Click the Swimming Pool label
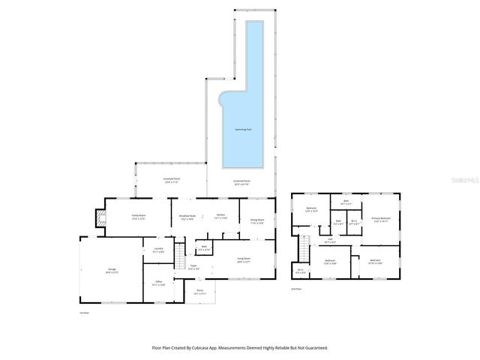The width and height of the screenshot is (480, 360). (242, 129)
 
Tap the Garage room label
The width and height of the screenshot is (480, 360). (111, 273)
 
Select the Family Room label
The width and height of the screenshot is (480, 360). (138, 216)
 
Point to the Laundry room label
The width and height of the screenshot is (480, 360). (158, 250)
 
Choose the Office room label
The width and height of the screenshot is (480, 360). (158, 283)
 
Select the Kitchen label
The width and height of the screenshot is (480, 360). (221, 216)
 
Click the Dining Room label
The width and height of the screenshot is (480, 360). (257, 220)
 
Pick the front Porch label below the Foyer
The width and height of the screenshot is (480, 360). (200, 291)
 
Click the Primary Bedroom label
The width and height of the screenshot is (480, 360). (381, 219)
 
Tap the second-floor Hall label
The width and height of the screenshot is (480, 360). (329, 240)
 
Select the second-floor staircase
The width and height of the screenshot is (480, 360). (304, 246)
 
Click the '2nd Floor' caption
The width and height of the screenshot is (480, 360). (296, 288)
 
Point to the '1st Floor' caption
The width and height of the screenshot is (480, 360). (84, 312)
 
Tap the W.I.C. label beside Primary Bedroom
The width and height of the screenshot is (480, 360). (356, 222)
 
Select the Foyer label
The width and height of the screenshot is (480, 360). (193, 265)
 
